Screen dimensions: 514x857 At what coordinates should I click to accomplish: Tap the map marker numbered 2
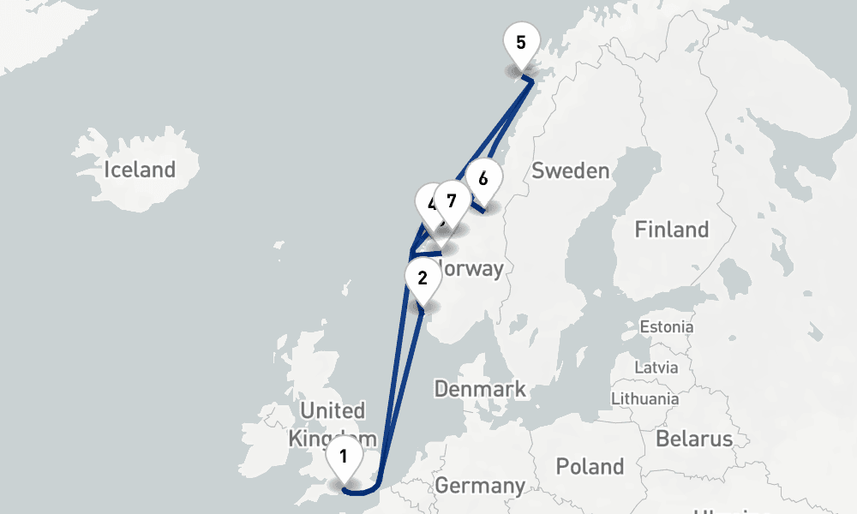pyautogui.click(x=422, y=278)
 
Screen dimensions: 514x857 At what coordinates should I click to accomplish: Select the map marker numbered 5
pyautogui.click(x=521, y=42)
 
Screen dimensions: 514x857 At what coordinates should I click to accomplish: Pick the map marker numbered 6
pyautogui.click(x=483, y=179)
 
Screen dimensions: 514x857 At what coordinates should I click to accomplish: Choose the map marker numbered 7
pyautogui.click(x=452, y=202)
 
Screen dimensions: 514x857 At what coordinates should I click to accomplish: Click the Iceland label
pyautogui.click(x=139, y=170)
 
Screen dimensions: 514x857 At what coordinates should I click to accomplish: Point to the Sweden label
pyautogui.click(x=570, y=170)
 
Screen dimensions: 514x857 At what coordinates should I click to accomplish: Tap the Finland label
pyautogui.click(x=671, y=230)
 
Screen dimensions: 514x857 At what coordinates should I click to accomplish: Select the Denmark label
pyautogui.click(x=479, y=389)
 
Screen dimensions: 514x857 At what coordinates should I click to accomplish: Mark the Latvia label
pyautogui.click(x=656, y=368)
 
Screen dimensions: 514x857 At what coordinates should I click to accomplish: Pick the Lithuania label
pyautogui.click(x=644, y=398)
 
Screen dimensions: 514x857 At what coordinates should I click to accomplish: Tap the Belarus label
pyautogui.click(x=694, y=439)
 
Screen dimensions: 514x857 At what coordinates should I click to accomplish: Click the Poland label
pyautogui.click(x=590, y=467)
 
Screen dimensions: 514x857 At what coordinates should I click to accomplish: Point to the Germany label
pyautogui.click(x=480, y=486)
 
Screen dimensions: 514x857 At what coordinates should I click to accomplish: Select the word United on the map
pyautogui.click(x=333, y=410)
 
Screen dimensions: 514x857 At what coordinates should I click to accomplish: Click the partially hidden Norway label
pyautogui.click(x=472, y=269)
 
